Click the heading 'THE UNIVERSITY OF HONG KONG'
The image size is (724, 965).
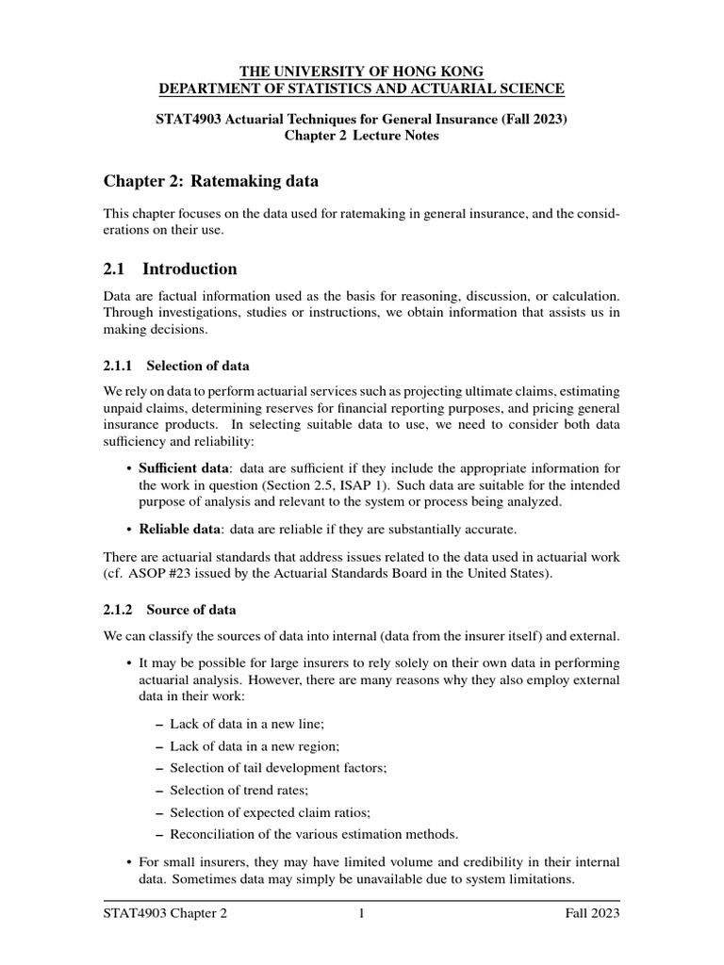362,71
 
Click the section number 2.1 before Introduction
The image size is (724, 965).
117,270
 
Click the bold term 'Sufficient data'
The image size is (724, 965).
183,467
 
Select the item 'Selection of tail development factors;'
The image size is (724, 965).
277,767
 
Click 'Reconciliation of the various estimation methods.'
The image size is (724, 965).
313,833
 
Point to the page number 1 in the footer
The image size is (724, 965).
361,914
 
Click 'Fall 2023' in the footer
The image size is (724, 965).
592,914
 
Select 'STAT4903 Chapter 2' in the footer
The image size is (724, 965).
165,914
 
